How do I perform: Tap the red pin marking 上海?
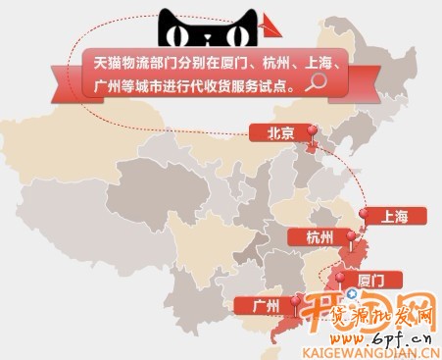coord(365,213)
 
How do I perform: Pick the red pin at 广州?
coord(297,302)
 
